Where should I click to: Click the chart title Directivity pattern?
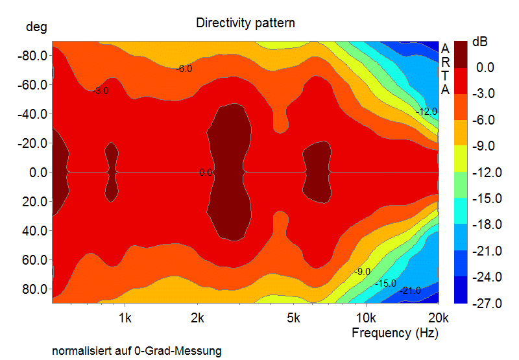[245, 23]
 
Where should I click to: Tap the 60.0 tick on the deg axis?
[34, 260]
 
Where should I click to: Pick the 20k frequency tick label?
[439, 318]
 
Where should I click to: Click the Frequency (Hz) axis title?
[394, 333]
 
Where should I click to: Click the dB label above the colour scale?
[480, 42]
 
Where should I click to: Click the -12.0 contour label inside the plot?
[427, 112]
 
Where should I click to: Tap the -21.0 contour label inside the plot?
[409, 291]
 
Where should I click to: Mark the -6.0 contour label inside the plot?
[184, 69]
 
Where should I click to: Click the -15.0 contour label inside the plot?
[385, 283]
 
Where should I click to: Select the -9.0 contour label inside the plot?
[362, 271]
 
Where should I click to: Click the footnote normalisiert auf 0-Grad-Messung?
[137, 351]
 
